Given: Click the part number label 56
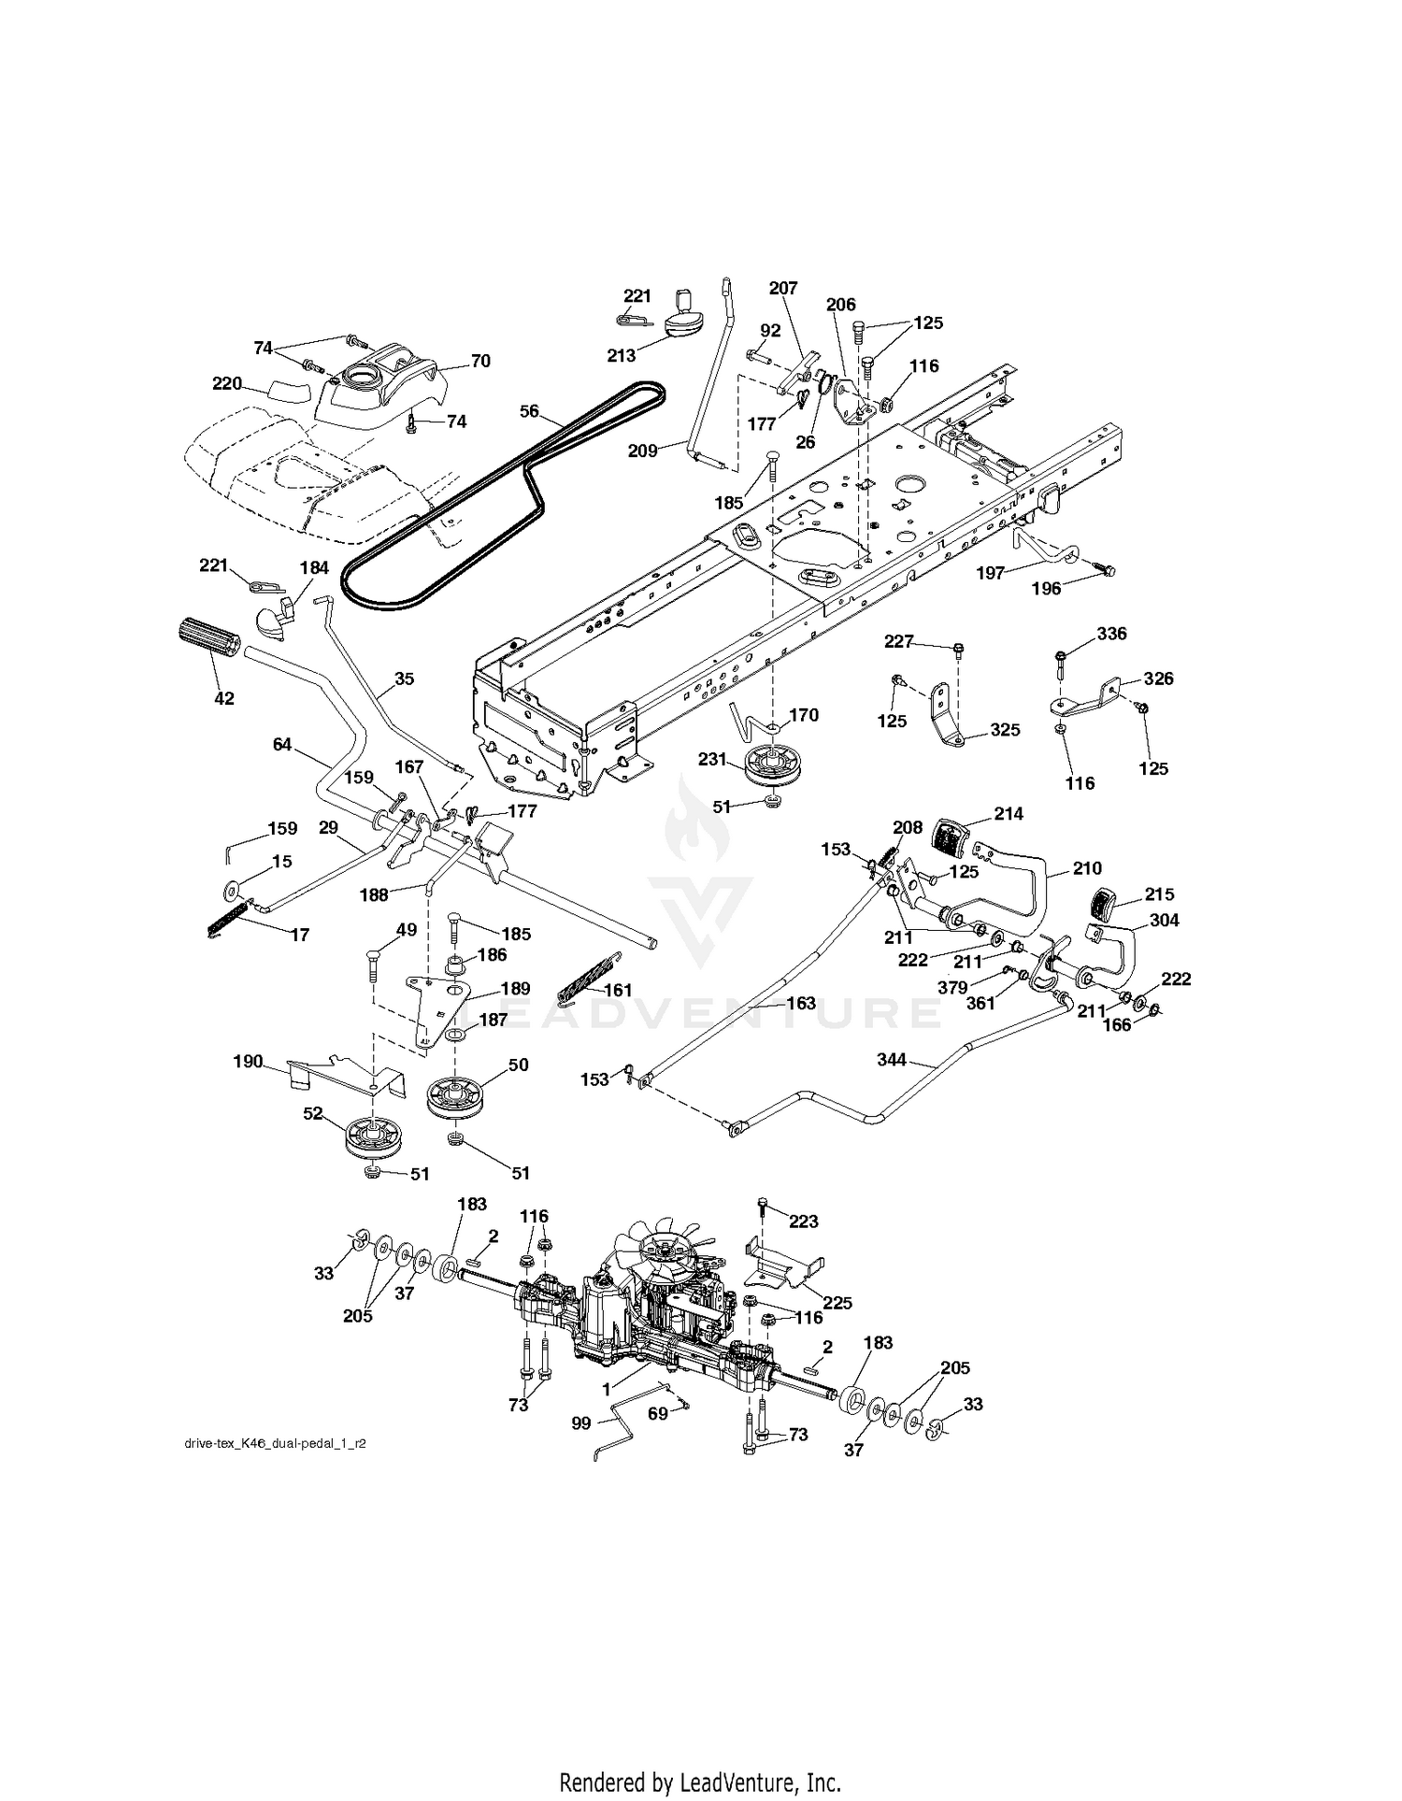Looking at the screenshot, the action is point(530,411).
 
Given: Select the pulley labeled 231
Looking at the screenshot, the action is point(771,767).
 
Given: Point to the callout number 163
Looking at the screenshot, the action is point(801,1003).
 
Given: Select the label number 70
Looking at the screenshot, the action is point(480,361).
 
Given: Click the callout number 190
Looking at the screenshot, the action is point(248,1062).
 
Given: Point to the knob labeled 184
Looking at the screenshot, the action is point(275,618).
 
